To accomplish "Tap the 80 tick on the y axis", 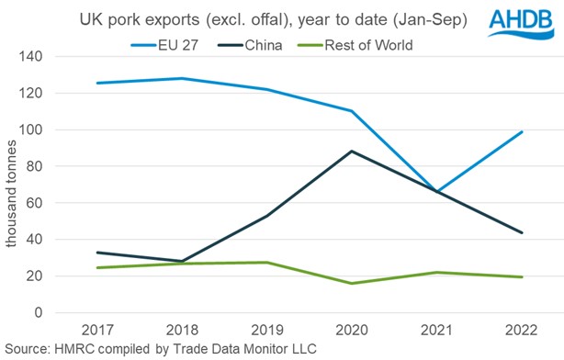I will (37, 166).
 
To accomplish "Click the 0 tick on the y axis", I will (40, 313).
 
